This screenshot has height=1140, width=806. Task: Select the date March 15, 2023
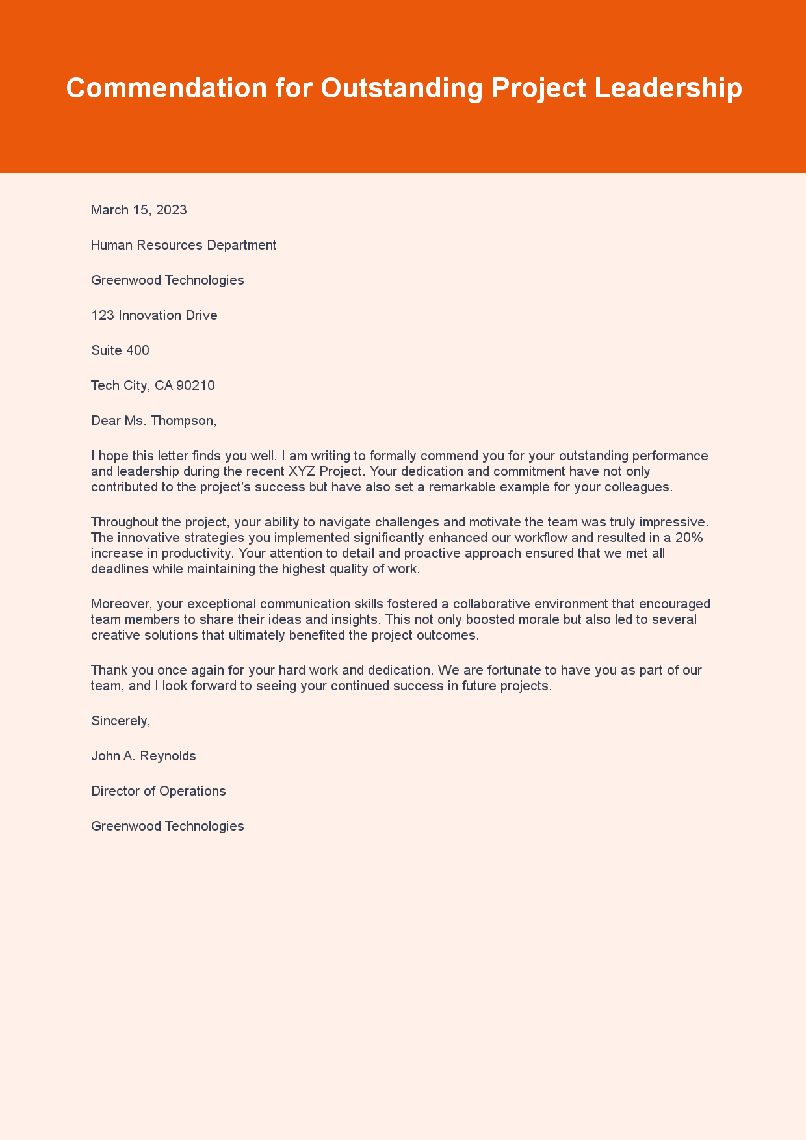pos(139,210)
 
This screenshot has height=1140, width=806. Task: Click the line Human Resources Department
pos(184,245)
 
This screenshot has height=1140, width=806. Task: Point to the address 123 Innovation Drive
pos(154,315)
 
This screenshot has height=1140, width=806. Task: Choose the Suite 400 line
pos(120,350)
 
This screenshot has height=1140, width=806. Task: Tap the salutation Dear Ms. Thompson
pos(153,421)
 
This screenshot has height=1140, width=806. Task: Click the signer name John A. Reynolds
pos(144,756)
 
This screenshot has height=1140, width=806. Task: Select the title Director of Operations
pos(159,791)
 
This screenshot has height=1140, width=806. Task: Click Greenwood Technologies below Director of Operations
pos(168,826)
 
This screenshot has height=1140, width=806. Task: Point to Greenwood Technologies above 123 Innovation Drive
pos(168,280)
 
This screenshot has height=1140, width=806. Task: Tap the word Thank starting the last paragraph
pos(109,670)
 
